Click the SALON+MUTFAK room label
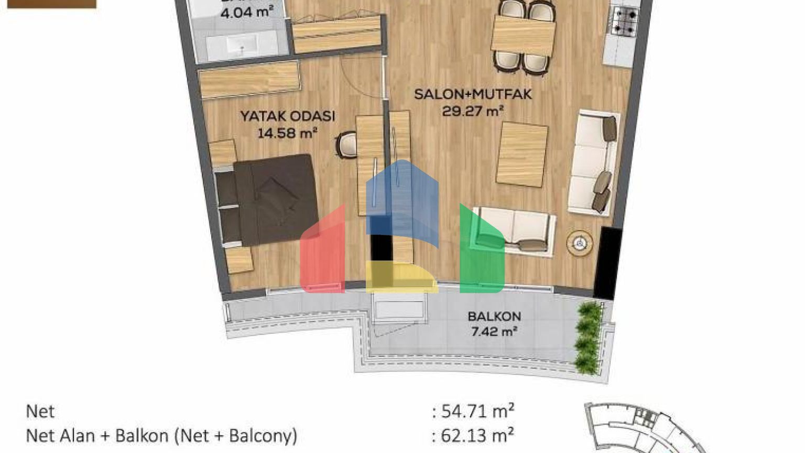coord(473,94)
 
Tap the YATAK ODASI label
coord(287,116)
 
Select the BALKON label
coord(494,317)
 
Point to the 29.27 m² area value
coord(473,111)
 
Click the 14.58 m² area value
coord(287,133)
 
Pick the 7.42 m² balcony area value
coord(494,332)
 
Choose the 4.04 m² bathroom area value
coord(247,12)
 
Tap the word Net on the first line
coord(40,411)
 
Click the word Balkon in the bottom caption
coord(142,436)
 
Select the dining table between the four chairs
coord(523,35)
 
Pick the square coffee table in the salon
coord(521,154)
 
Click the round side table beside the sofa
coord(580,243)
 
